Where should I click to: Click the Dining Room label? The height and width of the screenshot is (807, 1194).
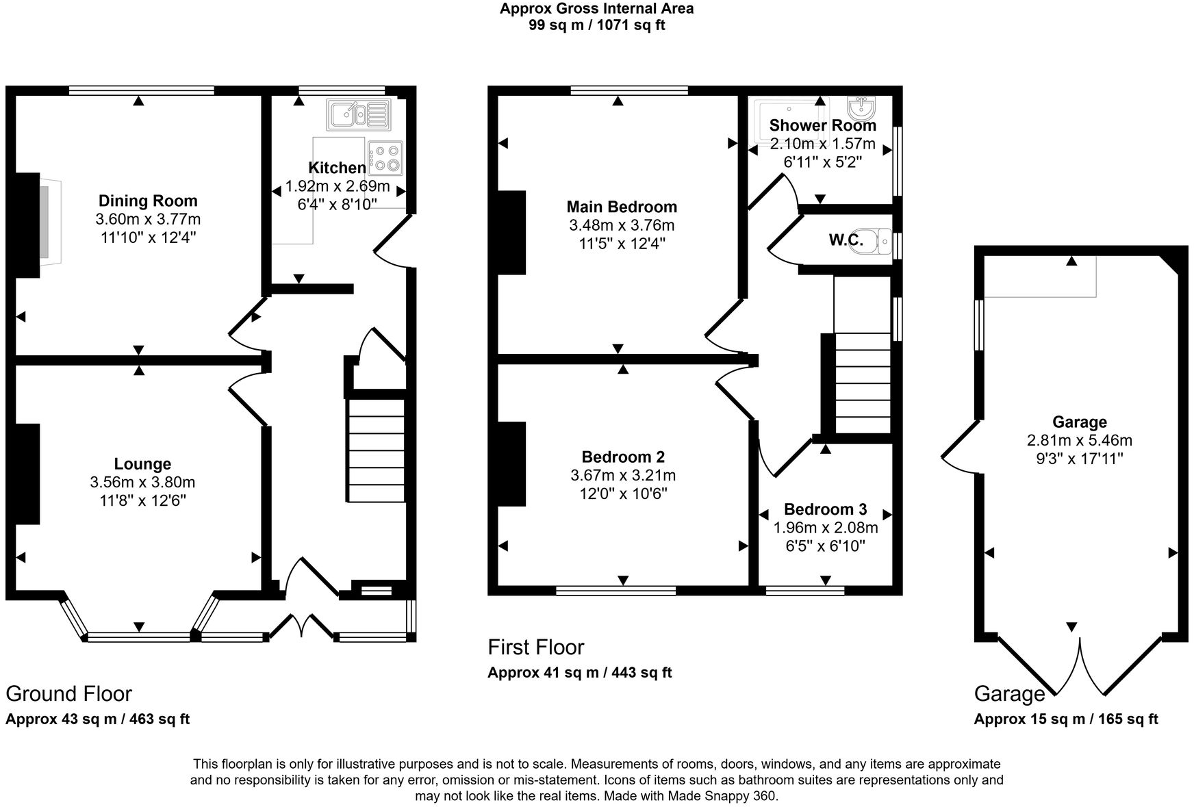point(148,201)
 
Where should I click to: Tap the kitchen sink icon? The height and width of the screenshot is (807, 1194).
point(358,114)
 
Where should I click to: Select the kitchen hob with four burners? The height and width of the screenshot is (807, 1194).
point(385,157)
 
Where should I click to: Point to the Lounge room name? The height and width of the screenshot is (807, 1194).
point(142,464)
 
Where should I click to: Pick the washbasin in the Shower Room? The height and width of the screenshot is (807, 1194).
point(860,107)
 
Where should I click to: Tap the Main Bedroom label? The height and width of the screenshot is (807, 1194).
point(622,207)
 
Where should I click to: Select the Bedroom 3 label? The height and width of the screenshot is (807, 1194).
point(825,509)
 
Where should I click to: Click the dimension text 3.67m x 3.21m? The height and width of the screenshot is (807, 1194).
point(623,475)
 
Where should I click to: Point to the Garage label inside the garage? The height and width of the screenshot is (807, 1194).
point(1079,422)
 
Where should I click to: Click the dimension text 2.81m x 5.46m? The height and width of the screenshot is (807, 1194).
point(1079,440)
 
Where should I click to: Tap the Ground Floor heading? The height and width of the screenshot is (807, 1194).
point(68,693)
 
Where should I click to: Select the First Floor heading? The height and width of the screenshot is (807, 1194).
point(535,647)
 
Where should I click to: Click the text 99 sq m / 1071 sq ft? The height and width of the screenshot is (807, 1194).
point(596,25)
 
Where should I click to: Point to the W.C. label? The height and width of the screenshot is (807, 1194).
point(846,240)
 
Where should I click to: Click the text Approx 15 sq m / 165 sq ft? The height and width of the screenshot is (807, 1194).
point(1065,719)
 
